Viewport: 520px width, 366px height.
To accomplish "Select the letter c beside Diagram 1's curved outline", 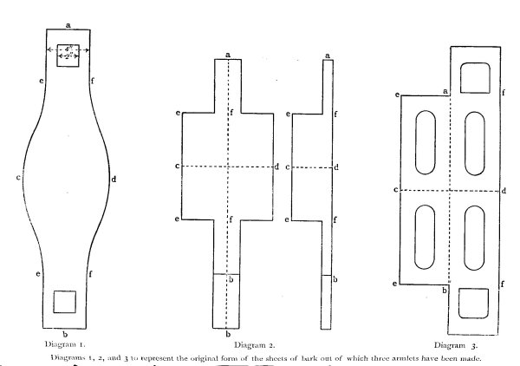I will (x=18, y=179).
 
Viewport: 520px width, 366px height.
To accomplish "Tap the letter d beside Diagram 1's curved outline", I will (x=114, y=179).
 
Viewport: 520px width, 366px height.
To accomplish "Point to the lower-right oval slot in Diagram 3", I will (x=475, y=235).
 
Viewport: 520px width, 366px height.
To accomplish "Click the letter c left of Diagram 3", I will (x=395, y=188).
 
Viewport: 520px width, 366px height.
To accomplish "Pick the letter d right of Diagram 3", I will (x=505, y=189).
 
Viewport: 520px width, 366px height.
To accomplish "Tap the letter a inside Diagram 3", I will (x=445, y=91).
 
